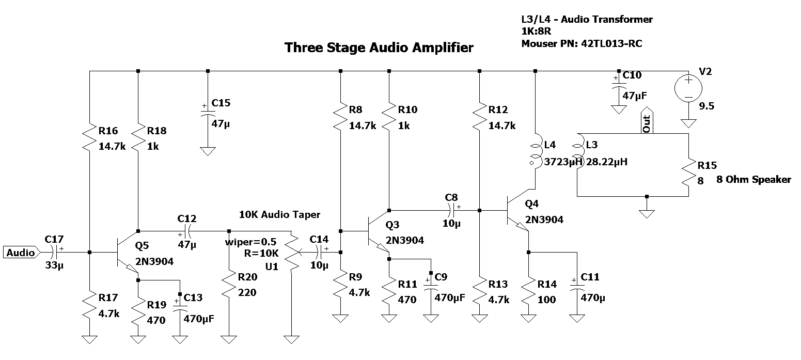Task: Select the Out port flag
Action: click(x=647, y=122)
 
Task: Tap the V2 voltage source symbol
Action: click(x=688, y=88)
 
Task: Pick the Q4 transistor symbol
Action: click(x=517, y=211)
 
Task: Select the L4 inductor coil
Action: click(x=535, y=150)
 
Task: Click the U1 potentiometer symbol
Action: click(x=292, y=253)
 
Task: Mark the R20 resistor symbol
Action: click(x=228, y=285)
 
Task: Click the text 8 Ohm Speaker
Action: click(x=753, y=180)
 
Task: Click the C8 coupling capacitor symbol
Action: click(x=451, y=210)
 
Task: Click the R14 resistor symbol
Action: click(x=528, y=292)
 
